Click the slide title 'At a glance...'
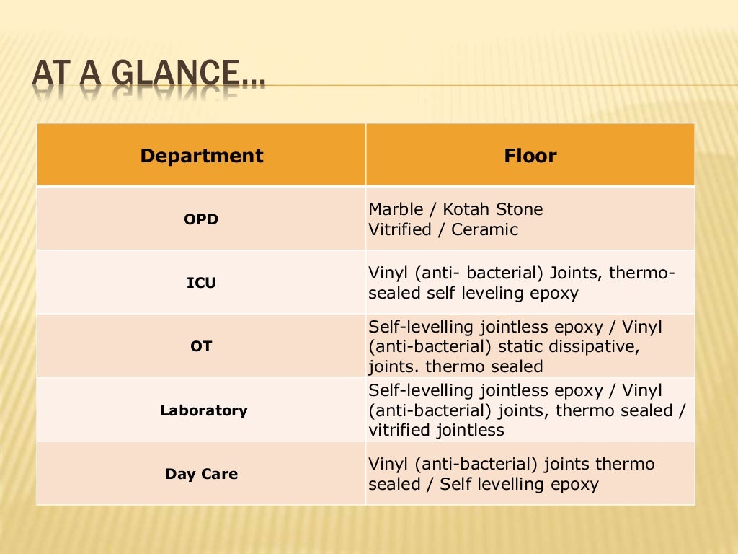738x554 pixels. coord(148,76)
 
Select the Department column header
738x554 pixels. coord(201,156)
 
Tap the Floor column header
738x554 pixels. coord(530,156)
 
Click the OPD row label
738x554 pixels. coord(201,219)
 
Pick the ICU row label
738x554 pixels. coord(201,283)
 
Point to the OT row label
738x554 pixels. coord(201,346)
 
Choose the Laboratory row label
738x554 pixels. coord(203,410)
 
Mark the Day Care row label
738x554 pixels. coord(201,474)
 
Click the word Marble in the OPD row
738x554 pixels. coord(396,210)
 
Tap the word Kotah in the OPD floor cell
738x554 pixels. coord(467,210)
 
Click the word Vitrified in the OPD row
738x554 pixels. coord(399,230)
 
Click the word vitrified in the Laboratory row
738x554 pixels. coord(399,431)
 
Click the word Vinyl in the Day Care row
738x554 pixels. coord(388,464)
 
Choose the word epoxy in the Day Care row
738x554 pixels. coord(574,484)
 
